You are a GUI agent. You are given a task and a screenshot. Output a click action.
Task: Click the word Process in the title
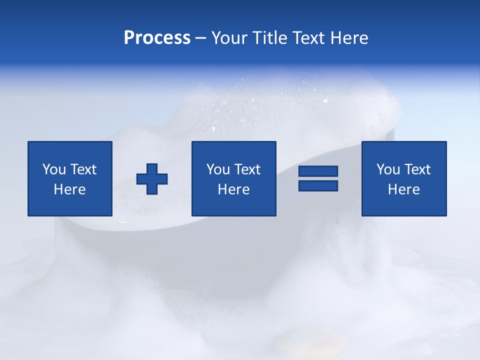157,38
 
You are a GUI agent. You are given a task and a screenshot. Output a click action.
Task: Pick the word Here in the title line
349,38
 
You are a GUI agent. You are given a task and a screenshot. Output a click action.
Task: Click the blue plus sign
152,179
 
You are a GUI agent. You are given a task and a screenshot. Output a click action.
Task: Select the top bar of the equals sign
318,171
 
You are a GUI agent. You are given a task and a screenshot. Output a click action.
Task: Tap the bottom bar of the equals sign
318,186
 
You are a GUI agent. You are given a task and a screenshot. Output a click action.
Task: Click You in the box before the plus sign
54,169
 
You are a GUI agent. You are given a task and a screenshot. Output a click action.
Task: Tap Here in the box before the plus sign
69,189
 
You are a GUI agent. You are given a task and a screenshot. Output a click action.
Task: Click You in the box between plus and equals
218,169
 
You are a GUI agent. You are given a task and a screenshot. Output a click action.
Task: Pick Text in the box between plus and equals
247,169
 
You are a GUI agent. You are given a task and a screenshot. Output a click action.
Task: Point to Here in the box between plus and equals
233,189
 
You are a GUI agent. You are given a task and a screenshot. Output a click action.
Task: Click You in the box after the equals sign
388,169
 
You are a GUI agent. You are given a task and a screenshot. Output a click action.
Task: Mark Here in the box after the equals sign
403,189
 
